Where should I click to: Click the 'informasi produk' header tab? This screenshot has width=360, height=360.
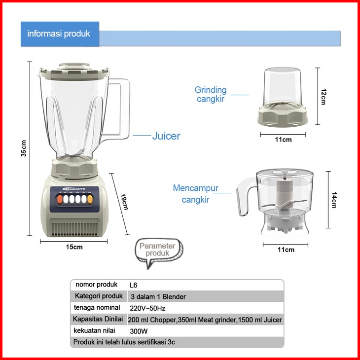[x=59, y=34]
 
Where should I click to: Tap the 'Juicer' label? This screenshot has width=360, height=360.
[x=166, y=136]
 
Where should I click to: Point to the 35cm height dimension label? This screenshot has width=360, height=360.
[x=24, y=148]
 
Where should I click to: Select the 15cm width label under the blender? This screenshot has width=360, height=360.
[x=74, y=247]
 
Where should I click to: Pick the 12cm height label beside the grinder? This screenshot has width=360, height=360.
[x=324, y=97]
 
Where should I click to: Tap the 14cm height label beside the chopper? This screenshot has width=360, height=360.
[x=334, y=200]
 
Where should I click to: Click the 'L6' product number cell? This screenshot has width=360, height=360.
[x=133, y=285]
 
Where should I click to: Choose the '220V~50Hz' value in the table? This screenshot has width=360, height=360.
[x=147, y=308]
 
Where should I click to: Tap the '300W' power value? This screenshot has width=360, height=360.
[x=139, y=331]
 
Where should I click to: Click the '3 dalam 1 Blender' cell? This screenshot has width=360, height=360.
[x=158, y=297]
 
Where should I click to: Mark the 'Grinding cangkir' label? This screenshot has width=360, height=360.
[x=211, y=94]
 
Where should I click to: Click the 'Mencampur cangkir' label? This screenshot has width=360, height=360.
[x=196, y=194]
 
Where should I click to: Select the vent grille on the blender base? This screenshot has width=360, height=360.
[x=76, y=229]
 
